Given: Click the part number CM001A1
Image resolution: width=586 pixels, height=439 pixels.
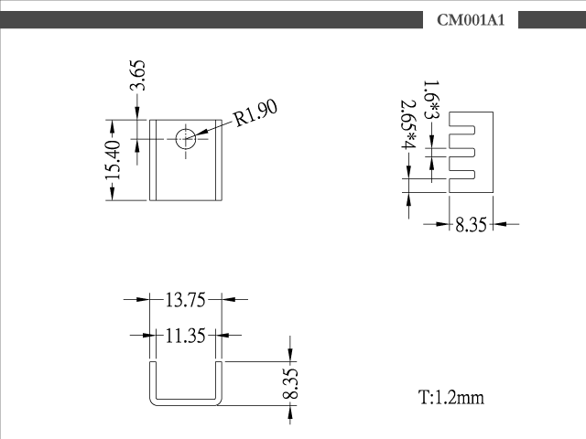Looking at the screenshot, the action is pyautogui.click(x=471, y=20).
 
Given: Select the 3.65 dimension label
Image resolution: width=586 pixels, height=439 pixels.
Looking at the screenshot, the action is pyautogui.click(x=137, y=75).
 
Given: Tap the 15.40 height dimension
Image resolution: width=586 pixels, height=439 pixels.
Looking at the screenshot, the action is pyautogui.click(x=114, y=160).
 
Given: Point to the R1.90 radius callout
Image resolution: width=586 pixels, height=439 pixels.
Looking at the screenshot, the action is pyautogui.click(x=256, y=112).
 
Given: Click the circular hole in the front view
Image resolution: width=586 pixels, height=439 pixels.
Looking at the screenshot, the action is pyautogui.click(x=186, y=139).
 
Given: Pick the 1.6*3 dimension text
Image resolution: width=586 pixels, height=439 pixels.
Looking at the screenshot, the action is pyautogui.click(x=431, y=100).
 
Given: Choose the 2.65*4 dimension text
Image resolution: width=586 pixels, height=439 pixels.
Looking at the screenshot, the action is pyautogui.click(x=409, y=124).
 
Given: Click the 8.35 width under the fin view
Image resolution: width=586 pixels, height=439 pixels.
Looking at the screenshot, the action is pyautogui.click(x=471, y=225).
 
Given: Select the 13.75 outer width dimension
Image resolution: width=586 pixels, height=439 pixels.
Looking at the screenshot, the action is pyautogui.click(x=185, y=300).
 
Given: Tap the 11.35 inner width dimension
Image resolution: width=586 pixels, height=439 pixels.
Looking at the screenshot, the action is pyautogui.click(x=185, y=336).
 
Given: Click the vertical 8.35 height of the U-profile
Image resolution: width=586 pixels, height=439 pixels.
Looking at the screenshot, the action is pyautogui.click(x=290, y=384).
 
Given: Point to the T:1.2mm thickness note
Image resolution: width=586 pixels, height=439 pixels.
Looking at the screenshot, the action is pyautogui.click(x=451, y=397).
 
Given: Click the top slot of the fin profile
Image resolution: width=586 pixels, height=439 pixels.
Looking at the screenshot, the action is pyautogui.click(x=461, y=130).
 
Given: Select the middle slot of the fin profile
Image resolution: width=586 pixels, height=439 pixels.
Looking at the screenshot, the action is pyautogui.click(x=461, y=153).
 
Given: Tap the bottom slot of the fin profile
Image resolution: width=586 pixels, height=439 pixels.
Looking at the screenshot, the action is pyautogui.click(x=461, y=175).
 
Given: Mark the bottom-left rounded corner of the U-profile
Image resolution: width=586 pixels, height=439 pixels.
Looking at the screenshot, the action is pyautogui.click(x=152, y=402).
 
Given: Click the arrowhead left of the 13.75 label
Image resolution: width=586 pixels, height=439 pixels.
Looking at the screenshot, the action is pyautogui.click(x=143, y=299).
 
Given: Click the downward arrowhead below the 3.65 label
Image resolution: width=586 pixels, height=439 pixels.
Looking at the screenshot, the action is pyautogui.click(x=137, y=113).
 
